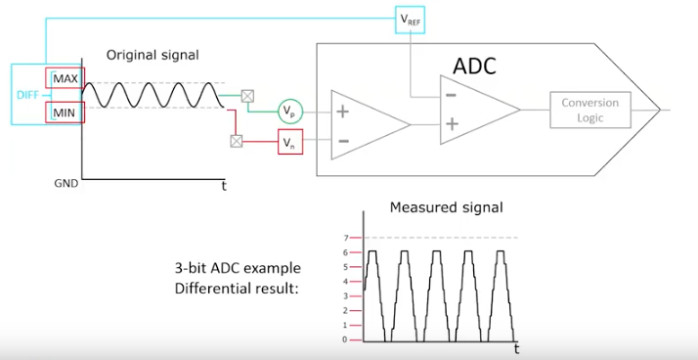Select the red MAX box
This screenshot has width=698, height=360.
[x=65, y=77]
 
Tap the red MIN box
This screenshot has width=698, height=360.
[x=65, y=112]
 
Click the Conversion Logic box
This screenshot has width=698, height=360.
[x=589, y=111]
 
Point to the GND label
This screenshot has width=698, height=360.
[x=65, y=183]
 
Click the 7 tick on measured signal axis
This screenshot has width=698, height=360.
[x=345, y=238]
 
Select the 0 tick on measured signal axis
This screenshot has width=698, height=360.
[x=345, y=340]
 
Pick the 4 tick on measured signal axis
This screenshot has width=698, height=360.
[x=345, y=282]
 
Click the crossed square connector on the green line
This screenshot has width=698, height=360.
[x=248, y=96]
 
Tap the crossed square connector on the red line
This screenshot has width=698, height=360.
[x=236, y=141]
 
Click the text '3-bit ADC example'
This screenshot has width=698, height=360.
[x=238, y=268]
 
